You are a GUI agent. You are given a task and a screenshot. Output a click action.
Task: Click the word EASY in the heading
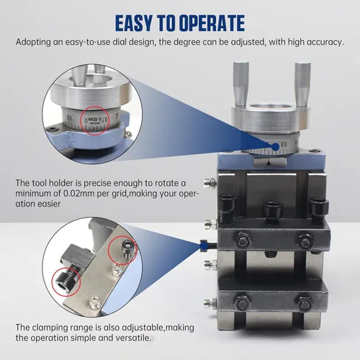click(134, 23)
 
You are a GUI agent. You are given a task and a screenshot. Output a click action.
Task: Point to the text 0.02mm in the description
click(79, 194)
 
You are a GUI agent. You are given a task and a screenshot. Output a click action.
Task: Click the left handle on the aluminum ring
click(240, 84)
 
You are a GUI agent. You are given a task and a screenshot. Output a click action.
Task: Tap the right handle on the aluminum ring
click(302, 84)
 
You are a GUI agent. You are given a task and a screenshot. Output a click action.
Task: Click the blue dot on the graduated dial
click(276, 146)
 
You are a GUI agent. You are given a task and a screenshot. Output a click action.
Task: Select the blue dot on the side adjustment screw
click(204, 246)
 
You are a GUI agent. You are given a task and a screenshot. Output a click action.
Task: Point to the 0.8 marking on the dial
click(284, 145)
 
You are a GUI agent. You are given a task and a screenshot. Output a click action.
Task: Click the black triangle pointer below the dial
click(269, 163)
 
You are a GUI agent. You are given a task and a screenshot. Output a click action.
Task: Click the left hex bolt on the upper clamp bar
click(243, 241)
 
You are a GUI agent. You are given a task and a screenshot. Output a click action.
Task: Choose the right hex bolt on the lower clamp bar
click(305, 305)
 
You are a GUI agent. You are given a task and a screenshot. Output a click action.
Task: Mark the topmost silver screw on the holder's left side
click(210, 183)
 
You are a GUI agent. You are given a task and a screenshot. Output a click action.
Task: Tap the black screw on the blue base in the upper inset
click(53, 129)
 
